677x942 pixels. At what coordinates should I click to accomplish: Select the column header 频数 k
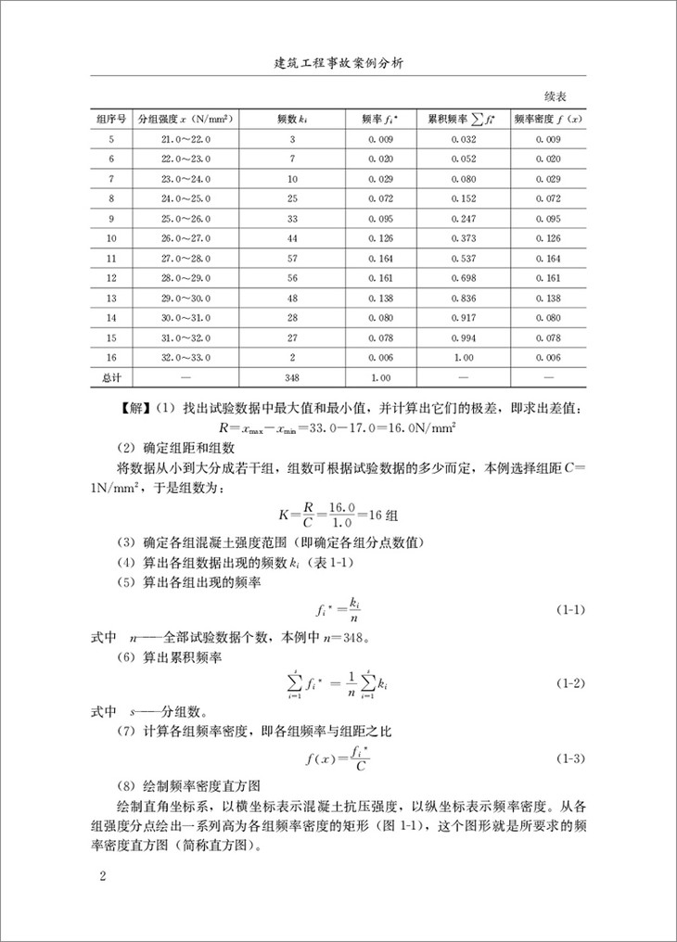pos(292,120)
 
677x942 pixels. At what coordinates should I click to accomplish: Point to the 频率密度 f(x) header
pos(549,120)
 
